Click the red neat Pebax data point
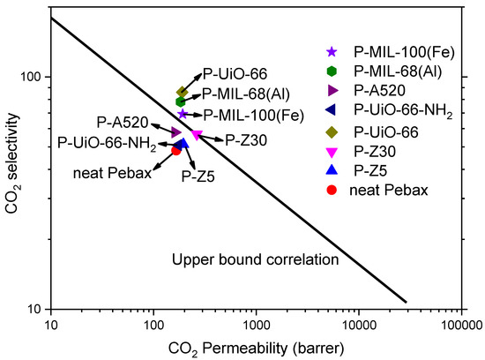176,150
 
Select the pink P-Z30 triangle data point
197,135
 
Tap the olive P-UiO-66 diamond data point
183,92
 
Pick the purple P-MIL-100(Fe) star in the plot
183,114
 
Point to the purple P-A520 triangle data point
176,132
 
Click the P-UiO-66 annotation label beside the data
235,74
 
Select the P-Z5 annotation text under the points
198,176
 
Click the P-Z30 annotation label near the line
246,139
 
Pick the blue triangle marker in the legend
332,169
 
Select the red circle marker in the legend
332,189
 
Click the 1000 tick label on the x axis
256,325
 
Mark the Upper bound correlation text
256,259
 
